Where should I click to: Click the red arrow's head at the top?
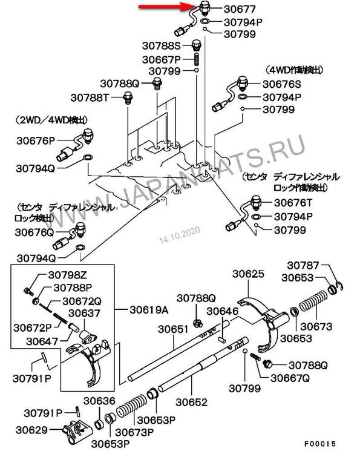[x=194, y=7]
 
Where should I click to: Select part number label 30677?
[x=240, y=9]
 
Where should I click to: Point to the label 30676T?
[x=293, y=203]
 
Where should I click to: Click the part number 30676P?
[x=36, y=140]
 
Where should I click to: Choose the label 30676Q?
[x=34, y=232]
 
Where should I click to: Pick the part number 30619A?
[x=149, y=310]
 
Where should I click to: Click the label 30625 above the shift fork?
[x=248, y=274]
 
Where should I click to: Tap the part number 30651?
[x=173, y=329]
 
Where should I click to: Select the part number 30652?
[x=192, y=402]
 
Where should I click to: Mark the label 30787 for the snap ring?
[x=303, y=265]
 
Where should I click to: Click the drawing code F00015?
[x=320, y=444]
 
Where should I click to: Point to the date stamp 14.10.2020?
[x=180, y=235]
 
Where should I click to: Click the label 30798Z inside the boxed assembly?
[x=67, y=275]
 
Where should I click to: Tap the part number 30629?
[x=32, y=430]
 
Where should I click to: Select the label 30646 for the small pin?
[x=223, y=312]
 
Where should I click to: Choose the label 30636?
[x=99, y=401]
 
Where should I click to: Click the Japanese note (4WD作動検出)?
[x=293, y=70]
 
